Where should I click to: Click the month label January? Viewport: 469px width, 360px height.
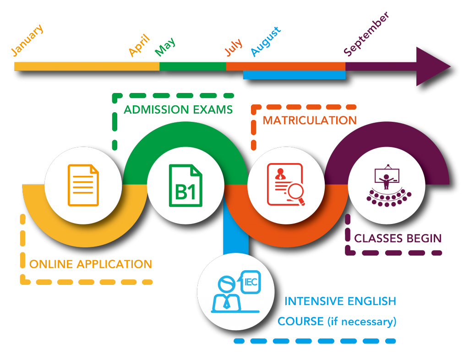pos(27,41)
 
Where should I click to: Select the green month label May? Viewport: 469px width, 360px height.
pos(165,46)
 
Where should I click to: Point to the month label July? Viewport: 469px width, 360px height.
pos(234,49)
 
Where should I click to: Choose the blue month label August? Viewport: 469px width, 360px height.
pos(266,42)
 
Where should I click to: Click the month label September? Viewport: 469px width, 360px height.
pos(366,34)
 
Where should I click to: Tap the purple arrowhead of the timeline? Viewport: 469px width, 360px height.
pos(433,66)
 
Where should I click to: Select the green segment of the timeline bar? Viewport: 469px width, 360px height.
pos(192,66)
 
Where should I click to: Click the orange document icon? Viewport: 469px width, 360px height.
pos(83,185)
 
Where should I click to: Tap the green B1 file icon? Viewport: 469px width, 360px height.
pos(186,186)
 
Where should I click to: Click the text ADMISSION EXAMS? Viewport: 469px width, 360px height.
pos(178,110)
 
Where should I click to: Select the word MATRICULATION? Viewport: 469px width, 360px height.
pos(309,120)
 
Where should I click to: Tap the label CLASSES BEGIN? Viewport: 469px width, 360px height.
pos(398,239)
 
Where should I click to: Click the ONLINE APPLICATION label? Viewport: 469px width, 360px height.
pos(90,264)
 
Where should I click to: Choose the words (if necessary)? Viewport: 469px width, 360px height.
pos(361,322)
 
